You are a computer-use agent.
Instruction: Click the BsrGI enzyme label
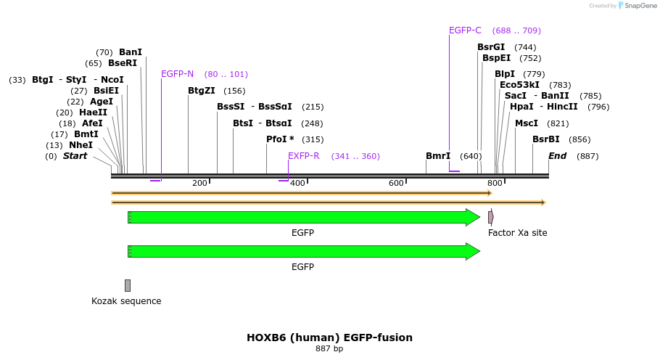(491, 47)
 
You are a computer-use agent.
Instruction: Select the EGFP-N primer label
(177, 74)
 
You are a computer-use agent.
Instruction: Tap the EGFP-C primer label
(465, 30)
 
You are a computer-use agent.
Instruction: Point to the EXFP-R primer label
(304, 156)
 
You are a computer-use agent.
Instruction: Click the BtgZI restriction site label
(202, 91)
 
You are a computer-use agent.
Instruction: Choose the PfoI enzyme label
(280, 139)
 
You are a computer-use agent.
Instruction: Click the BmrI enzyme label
(438, 156)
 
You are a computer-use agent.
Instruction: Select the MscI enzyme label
(527, 123)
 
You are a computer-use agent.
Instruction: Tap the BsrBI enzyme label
(546, 139)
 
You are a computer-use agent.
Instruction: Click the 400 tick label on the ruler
(297, 183)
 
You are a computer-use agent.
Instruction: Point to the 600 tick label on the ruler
(396, 183)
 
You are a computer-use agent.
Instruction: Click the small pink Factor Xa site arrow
(491, 217)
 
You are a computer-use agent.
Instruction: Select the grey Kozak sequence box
(128, 285)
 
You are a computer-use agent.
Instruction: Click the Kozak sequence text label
(126, 301)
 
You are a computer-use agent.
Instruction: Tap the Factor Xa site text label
(517, 233)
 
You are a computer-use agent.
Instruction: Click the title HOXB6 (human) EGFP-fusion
(329, 337)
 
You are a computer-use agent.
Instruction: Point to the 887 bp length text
(329, 349)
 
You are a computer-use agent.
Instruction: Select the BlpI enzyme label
(505, 74)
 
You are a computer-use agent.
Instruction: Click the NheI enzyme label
(81, 145)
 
